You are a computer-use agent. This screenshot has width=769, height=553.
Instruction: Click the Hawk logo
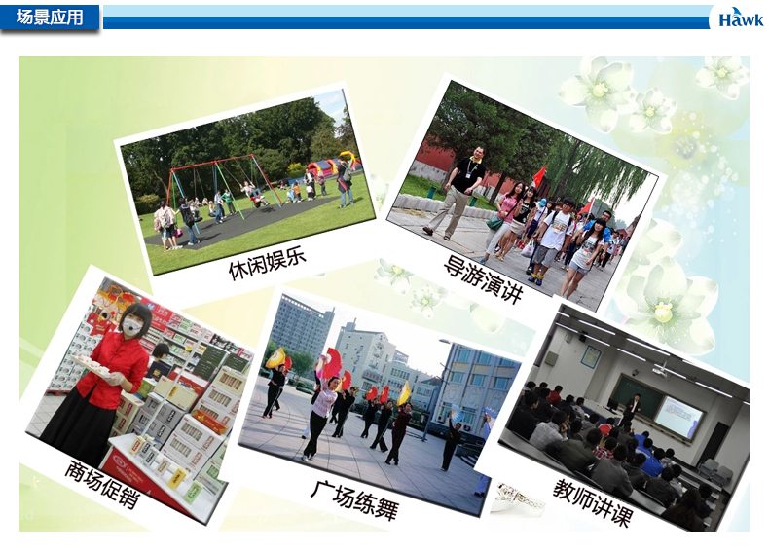coord(741,18)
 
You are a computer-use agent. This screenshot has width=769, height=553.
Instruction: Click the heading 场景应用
coord(50,18)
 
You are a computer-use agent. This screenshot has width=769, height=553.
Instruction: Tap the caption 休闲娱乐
coord(268,263)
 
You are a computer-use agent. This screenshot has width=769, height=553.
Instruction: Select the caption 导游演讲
coord(483,279)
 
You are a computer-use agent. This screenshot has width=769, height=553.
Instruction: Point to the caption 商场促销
coord(102,485)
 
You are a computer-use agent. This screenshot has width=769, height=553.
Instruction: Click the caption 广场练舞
coord(354,500)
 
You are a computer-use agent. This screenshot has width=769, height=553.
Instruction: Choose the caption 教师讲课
coord(593,503)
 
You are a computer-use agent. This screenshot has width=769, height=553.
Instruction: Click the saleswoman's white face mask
coord(132,325)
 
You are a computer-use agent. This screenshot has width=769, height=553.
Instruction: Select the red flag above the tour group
coord(539,177)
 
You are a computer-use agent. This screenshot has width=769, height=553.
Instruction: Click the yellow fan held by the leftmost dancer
coord(275,358)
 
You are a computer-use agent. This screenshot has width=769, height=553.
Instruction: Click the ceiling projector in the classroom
coord(661,368)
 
